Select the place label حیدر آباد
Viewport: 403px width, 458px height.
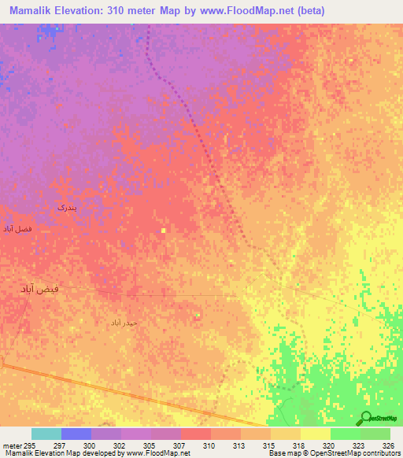124,323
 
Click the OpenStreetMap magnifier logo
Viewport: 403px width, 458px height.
365,418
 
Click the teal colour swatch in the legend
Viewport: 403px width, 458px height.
46,434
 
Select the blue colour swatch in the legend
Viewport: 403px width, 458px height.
76,434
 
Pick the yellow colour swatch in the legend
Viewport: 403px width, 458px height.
315,434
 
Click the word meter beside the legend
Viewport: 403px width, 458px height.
12,445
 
